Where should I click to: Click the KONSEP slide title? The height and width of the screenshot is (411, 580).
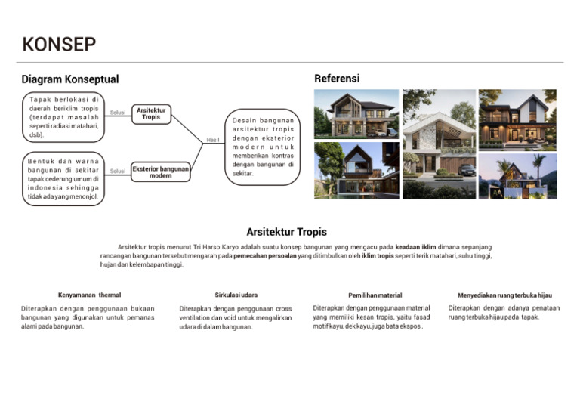point(59,45)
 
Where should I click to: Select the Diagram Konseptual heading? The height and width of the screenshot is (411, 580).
point(70,79)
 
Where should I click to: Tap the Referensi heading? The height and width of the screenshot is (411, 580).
point(336,79)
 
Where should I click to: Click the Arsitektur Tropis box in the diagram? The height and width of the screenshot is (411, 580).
point(151,113)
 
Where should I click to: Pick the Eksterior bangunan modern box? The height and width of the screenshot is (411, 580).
point(160,172)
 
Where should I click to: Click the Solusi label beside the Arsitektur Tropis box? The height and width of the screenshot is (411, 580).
point(118,113)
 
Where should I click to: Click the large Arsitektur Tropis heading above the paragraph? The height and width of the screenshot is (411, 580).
point(286,232)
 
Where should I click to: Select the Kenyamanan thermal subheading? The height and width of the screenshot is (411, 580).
point(89,295)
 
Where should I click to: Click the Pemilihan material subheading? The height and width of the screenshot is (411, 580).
point(375,295)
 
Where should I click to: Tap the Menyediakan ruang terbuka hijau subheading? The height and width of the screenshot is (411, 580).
point(504,295)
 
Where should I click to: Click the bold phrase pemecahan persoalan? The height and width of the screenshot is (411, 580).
point(267,256)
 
